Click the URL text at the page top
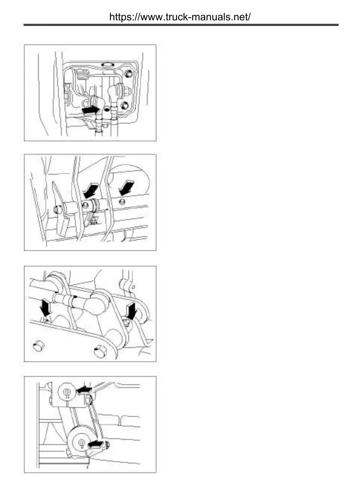tap(180, 17)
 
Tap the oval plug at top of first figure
tap(107, 64)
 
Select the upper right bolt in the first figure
tap(128, 72)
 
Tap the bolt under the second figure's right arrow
tap(122, 202)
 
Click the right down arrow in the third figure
tap(132, 310)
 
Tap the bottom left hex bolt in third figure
tap(38, 346)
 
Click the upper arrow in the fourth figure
tap(84, 389)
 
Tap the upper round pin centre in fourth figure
tap(67, 392)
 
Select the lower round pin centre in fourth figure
tap(81, 442)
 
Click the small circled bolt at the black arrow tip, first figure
tap(107, 109)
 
